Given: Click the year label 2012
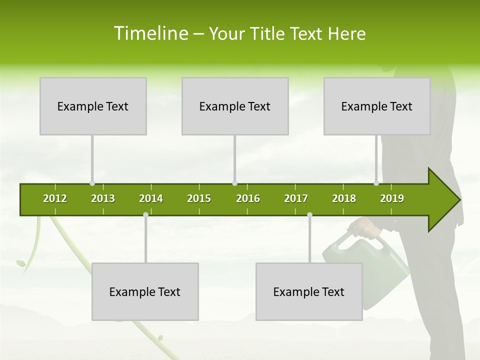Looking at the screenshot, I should tap(55, 198).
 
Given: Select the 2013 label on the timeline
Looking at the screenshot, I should tap(103, 198).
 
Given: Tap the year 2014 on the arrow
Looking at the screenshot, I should tap(151, 198).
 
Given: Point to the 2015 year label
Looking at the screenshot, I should tap(199, 198).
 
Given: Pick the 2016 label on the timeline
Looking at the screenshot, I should tap(248, 198).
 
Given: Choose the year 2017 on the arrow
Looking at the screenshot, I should tap(296, 198).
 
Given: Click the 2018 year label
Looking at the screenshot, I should tap(344, 198).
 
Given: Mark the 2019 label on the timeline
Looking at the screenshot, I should tap(392, 198).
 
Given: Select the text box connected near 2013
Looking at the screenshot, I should tap(93, 106).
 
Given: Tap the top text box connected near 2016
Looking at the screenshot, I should tap(235, 106).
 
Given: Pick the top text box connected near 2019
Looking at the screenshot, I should tap(377, 106).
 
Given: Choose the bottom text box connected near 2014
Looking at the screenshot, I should tap(145, 291).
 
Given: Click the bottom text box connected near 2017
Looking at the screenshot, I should tap(309, 291).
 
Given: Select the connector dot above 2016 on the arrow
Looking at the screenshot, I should tap(235, 183).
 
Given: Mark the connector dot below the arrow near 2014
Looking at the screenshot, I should tap(145, 215).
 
